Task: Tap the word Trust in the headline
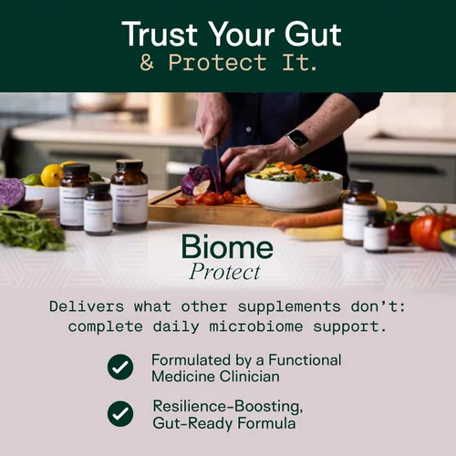(x=161, y=35)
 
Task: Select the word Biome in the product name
(x=227, y=246)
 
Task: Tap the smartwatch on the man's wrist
(x=297, y=140)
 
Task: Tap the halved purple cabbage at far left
(x=12, y=192)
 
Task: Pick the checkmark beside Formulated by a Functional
(x=120, y=367)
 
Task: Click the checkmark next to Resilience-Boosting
(x=120, y=414)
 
